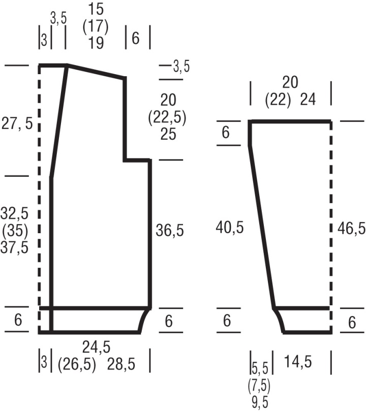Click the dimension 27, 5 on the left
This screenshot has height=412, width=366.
pos(17,123)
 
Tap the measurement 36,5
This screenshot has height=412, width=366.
pos(170,231)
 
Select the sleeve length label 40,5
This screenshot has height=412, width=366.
pos(230,227)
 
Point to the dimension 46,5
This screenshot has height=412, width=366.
pos(351,228)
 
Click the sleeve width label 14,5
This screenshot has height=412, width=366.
pos(298,362)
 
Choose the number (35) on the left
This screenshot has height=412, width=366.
pos(15,231)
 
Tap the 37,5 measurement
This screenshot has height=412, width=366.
pos(14,247)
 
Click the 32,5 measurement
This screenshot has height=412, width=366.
pos(14,213)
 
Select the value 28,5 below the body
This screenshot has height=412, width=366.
pos(121,364)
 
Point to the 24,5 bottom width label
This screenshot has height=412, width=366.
pos(96,347)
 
